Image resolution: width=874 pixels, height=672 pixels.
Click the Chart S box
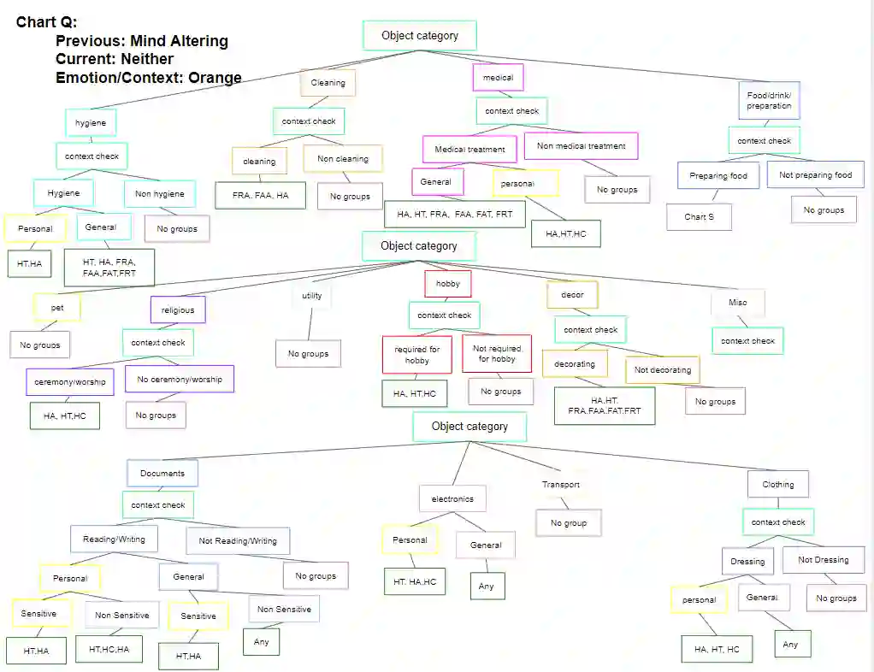tap(699, 216)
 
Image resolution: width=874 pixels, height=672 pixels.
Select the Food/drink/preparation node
tap(768, 101)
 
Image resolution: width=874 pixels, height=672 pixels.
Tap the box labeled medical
tap(498, 78)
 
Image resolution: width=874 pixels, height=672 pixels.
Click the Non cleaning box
tap(342, 159)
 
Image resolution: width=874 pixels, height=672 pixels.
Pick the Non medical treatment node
tap(581, 146)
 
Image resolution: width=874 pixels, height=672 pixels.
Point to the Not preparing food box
tap(815, 175)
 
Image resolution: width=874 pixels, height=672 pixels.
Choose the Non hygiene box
tap(159, 194)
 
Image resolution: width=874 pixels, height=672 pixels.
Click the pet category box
tap(57, 306)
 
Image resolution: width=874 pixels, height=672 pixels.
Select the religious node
tap(177, 310)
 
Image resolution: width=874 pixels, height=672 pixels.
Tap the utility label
tap(311, 296)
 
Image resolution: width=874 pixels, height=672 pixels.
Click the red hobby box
tap(447, 284)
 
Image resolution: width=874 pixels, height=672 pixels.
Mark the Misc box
tap(737, 302)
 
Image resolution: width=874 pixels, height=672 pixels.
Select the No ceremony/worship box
tap(179, 379)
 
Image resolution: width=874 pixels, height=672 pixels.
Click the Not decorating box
tap(663, 370)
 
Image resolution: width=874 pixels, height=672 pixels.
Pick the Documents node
tap(162, 473)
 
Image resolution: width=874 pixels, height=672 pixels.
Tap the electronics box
tap(452, 498)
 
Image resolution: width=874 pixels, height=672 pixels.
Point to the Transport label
tap(560, 485)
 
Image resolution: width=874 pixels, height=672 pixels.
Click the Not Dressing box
tap(823, 560)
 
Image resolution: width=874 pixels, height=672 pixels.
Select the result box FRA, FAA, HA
tap(260, 196)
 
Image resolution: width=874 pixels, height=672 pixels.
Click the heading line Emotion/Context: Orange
tap(148, 78)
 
